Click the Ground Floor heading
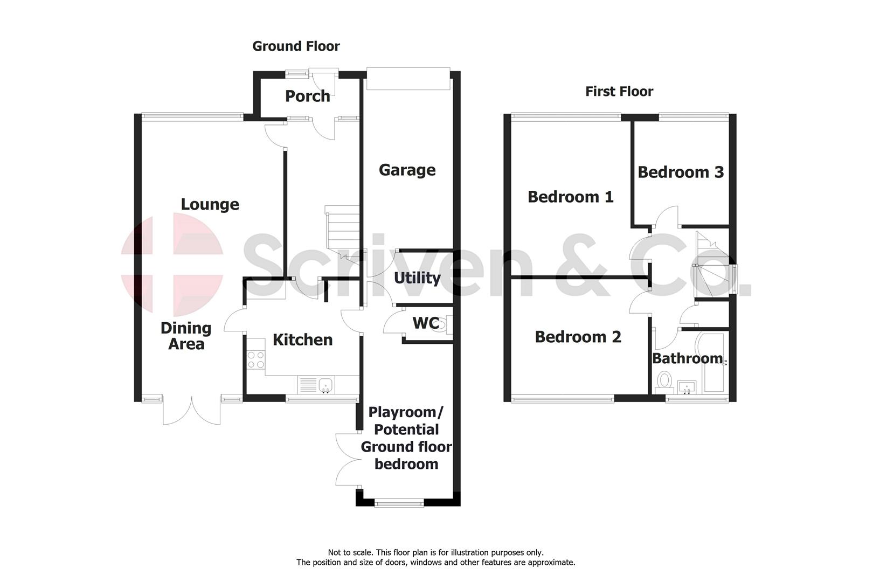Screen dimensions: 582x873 (x=296, y=46)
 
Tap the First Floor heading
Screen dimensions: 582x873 (x=619, y=92)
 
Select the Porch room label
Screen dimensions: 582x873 (x=307, y=96)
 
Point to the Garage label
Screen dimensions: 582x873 (x=407, y=170)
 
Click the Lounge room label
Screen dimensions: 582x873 (x=210, y=205)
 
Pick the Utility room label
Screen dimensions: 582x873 (x=417, y=278)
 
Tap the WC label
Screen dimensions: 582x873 (x=425, y=323)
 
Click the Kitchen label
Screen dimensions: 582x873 (x=302, y=340)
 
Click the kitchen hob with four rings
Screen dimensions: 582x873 (x=256, y=359)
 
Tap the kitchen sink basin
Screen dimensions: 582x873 (x=325, y=385)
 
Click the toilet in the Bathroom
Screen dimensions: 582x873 (x=664, y=380)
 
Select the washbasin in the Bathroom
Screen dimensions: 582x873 (x=686, y=386)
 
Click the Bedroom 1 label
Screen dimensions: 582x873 (x=570, y=197)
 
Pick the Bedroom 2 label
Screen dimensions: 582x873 (x=578, y=337)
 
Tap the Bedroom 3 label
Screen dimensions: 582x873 (x=680, y=172)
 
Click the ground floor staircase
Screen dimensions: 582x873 (x=343, y=229)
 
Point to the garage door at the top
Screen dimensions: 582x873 (x=407, y=79)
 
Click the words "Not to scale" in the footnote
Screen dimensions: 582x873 (x=350, y=552)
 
